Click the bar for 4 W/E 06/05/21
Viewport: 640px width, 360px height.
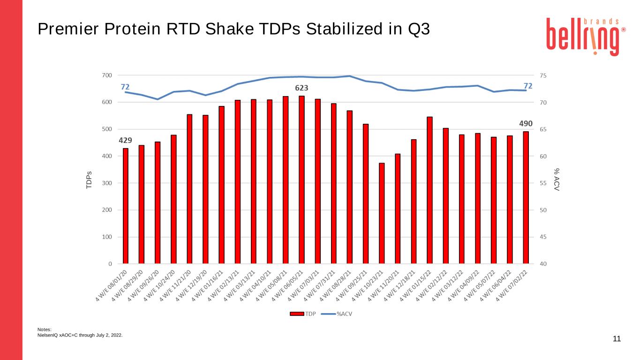coord(301,180)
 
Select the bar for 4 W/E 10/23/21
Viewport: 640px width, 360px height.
coord(382,213)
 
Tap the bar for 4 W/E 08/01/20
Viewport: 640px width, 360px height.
coord(126,206)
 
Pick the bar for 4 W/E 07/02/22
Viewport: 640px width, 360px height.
coord(526,197)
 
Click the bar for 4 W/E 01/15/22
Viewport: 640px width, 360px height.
coord(429,190)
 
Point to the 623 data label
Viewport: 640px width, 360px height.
coord(301,88)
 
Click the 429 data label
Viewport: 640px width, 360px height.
coord(126,140)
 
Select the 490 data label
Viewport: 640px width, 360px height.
coord(526,123)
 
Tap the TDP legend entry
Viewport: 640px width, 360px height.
coord(302,314)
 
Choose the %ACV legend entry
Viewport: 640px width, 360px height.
coord(337,314)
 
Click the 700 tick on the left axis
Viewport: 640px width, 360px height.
coord(107,75)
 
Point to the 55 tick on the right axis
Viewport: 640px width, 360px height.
coord(543,183)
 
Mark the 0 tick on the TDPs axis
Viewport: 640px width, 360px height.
coord(110,264)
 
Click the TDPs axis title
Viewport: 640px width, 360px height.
coord(89,180)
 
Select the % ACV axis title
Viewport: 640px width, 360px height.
coord(557,180)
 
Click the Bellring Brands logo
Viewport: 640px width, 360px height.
coord(586,37)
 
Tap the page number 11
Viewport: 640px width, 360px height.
coord(617,338)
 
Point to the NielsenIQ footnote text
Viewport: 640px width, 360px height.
coord(80,335)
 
